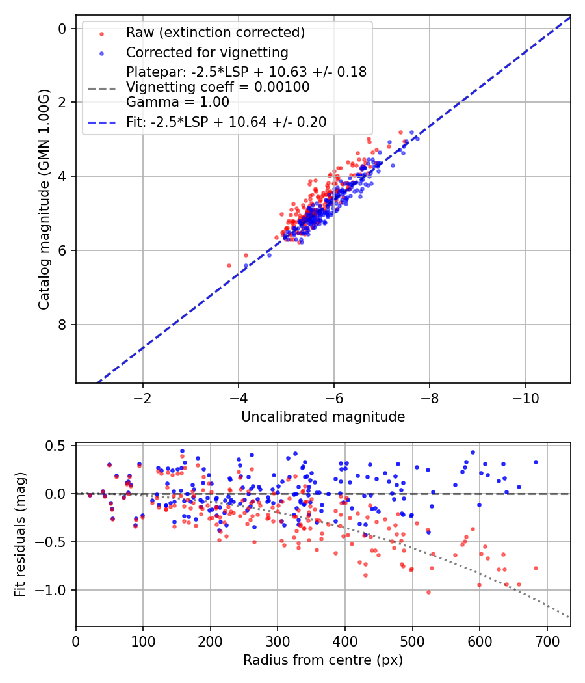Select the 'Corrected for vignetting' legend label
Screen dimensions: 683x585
[x=207, y=52]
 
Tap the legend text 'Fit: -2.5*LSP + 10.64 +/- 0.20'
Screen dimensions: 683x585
[x=226, y=122]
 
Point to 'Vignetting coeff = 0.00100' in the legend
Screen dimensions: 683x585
[x=218, y=87]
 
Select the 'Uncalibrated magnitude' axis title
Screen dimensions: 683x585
[x=323, y=417]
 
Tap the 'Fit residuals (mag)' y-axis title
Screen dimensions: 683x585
[x=19, y=535]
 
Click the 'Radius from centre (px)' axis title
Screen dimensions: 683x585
[x=323, y=660]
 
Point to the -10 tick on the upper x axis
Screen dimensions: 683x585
[x=525, y=398]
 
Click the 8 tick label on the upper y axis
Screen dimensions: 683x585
[x=62, y=325]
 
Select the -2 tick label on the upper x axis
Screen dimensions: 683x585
[x=142, y=398]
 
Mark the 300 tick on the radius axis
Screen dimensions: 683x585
[x=278, y=642]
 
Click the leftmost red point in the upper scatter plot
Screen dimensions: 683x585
[x=229, y=265]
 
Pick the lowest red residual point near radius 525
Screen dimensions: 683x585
[x=428, y=592]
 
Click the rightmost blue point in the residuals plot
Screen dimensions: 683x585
[x=536, y=462]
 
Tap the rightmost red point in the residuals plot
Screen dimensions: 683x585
[x=536, y=568]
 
